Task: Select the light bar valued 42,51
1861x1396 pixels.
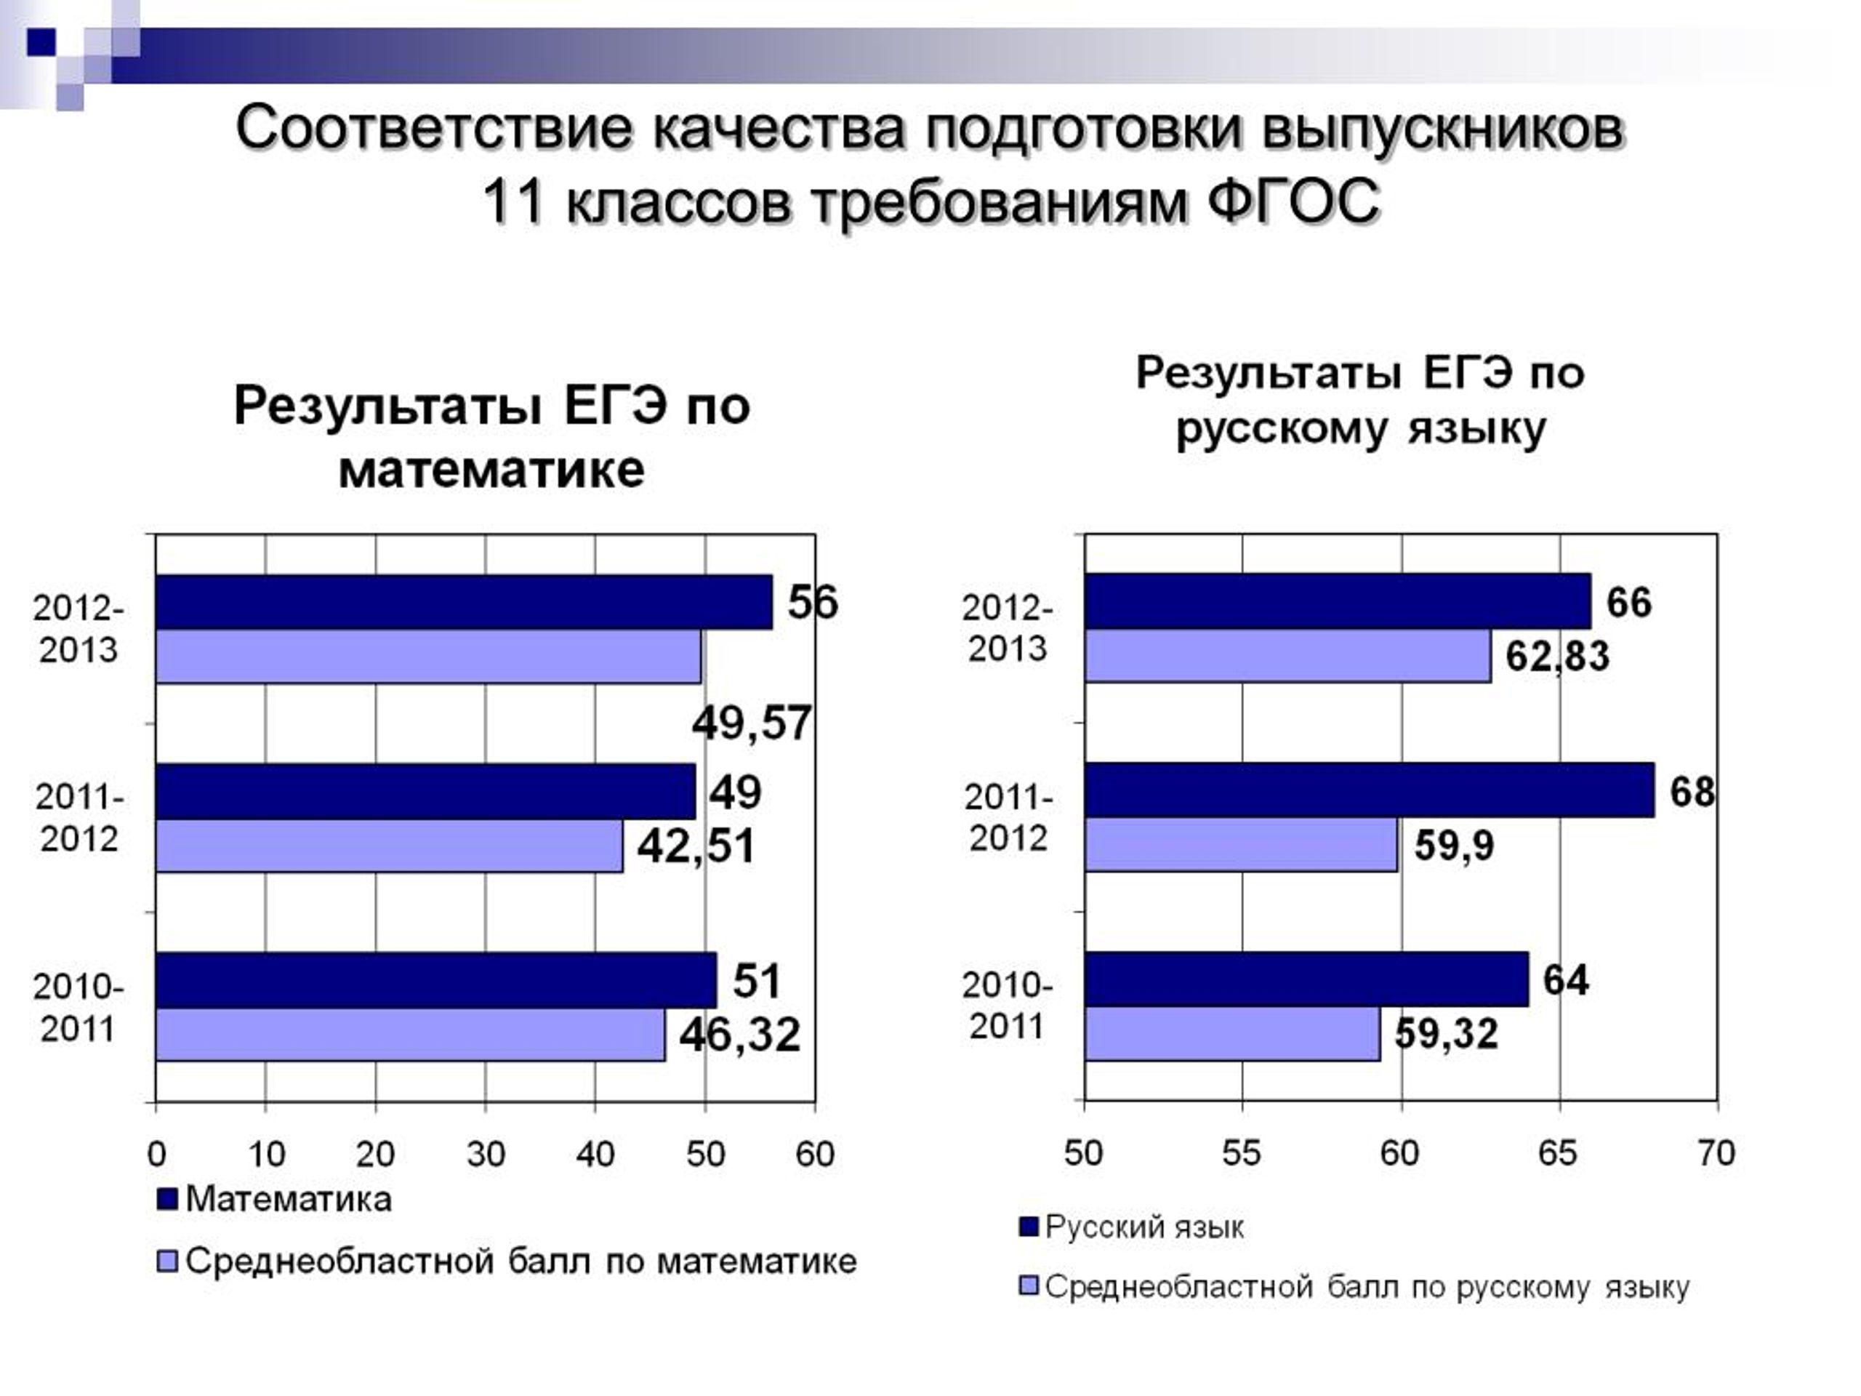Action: (x=390, y=846)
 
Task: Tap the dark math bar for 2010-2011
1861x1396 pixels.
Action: (x=437, y=980)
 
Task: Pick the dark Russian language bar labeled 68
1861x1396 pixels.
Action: (x=1370, y=790)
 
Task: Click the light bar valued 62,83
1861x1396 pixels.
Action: (x=1288, y=656)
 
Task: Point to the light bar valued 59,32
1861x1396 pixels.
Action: (x=1232, y=1033)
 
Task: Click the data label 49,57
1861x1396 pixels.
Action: (x=751, y=723)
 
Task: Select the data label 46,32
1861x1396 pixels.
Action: (x=739, y=1034)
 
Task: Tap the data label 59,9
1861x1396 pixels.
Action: (x=1454, y=845)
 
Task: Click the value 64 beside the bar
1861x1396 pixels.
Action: (x=1566, y=980)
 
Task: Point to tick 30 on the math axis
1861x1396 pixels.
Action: (x=486, y=1155)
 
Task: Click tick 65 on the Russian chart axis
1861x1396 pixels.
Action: (x=1558, y=1153)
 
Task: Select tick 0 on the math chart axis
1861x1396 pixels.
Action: (x=156, y=1155)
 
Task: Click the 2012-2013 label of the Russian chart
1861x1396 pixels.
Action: (x=1007, y=627)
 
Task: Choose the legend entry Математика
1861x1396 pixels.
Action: (x=275, y=1199)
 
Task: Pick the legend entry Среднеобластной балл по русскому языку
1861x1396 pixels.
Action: (x=1354, y=1288)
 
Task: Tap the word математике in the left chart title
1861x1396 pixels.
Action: (x=491, y=470)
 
